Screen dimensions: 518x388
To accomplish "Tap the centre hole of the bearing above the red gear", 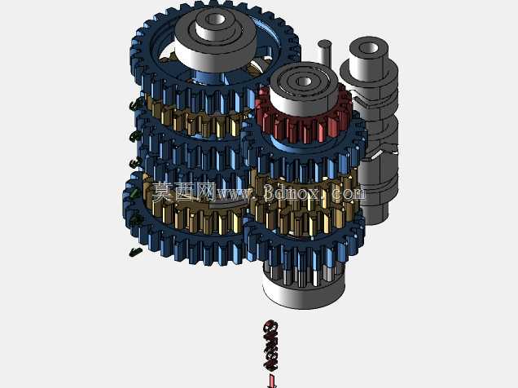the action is point(304,82).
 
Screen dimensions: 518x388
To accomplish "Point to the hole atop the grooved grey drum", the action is point(368,48).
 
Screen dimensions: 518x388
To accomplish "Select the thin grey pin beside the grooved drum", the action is point(325,53).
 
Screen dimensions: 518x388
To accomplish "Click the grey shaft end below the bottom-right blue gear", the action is point(304,291).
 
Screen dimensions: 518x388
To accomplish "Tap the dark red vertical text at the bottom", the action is point(270,346).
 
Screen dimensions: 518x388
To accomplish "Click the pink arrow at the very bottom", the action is point(272,381).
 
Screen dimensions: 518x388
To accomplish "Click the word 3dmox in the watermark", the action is point(292,192).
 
